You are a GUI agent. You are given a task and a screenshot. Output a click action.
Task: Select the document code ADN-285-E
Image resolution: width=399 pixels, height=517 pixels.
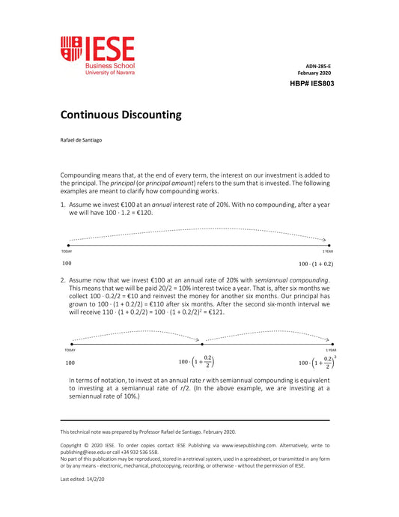point(318,66)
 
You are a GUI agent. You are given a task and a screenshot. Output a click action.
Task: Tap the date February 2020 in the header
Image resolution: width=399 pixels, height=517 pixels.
point(314,73)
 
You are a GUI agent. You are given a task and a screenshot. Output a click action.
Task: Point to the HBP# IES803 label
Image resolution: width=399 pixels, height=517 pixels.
point(311,84)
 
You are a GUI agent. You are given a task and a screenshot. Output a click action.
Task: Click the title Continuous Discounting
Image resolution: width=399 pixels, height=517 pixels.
point(121,115)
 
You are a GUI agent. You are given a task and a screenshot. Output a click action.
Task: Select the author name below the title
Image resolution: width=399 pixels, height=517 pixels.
point(82,140)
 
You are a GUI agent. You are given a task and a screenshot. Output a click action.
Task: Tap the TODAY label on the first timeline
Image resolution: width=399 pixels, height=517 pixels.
point(66,251)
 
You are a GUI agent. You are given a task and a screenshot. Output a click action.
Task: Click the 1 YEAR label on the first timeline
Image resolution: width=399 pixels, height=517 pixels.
point(327,251)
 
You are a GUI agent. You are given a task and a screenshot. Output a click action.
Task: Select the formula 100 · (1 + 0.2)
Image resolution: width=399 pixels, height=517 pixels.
point(316,264)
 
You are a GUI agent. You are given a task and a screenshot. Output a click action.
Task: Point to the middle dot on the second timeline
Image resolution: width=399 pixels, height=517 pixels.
point(197,343)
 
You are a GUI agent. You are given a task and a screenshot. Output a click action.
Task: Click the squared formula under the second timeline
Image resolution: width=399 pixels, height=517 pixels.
point(317,362)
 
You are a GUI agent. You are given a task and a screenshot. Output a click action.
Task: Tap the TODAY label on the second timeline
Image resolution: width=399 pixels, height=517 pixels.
point(70,350)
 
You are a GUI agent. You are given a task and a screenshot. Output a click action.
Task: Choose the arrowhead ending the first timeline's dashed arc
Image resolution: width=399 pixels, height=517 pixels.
point(325,240)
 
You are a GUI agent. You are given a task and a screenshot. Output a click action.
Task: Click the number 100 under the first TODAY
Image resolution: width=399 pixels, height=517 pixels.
point(67,264)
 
